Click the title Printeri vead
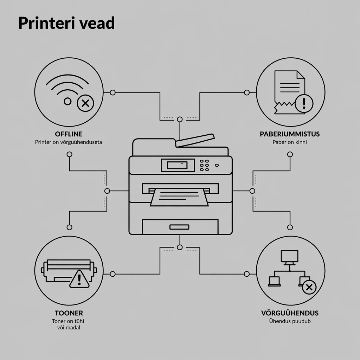click(66, 23)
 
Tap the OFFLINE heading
click(69, 134)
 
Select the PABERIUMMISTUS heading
click(290, 134)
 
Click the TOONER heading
click(69, 313)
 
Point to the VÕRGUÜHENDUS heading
click(290, 313)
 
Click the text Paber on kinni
click(290, 142)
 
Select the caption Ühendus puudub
click(290, 321)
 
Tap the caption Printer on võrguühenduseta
click(69, 142)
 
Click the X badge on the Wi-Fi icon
click(85, 103)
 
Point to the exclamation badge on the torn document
click(304, 104)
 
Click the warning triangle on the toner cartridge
click(79, 279)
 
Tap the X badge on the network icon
click(309, 287)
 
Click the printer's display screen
click(177, 165)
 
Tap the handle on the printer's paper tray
click(179, 227)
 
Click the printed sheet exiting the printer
click(179, 197)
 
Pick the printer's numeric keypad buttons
click(204, 165)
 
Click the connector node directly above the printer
click(180, 120)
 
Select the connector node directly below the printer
click(180, 247)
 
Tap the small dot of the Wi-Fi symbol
click(67, 101)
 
